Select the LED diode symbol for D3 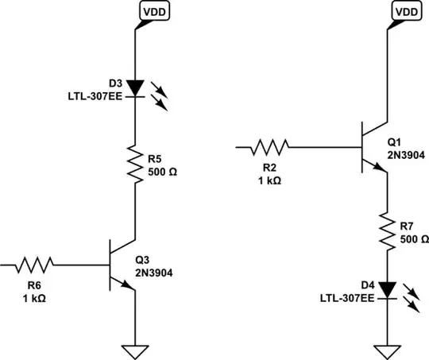[134, 87]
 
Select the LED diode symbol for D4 [387, 289]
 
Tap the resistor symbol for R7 [387, 230]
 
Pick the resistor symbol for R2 [270, 147]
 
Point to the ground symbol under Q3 [134, 350]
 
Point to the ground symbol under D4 [387, 350]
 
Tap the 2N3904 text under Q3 [154, 273]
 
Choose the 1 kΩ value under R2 [269, 180]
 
